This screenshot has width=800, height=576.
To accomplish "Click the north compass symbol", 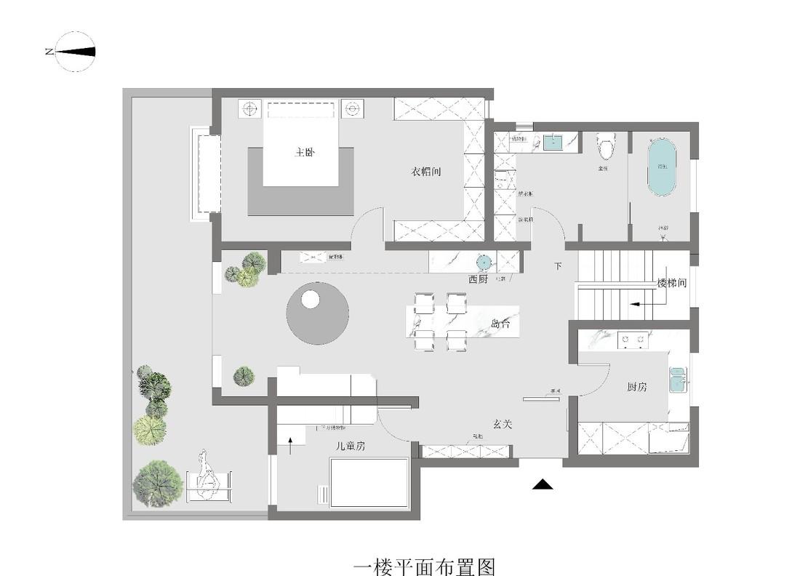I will [75, 52].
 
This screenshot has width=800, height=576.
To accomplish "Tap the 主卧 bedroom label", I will [305, 153].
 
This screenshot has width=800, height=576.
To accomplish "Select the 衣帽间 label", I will [427, 172].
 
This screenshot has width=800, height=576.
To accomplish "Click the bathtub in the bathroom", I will [662, 168].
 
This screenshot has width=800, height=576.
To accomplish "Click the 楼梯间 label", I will [671, 283].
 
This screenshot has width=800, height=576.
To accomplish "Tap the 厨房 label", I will [636, 387].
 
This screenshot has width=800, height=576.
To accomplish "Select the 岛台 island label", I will [501, 324].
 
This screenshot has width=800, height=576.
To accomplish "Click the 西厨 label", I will [478, 279].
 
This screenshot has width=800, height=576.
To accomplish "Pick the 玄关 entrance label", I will [503, 424].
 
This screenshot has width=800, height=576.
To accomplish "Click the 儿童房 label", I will [350, 446].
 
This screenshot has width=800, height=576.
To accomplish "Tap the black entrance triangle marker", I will [543, 484].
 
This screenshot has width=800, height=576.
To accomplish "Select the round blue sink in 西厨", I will [484, 262].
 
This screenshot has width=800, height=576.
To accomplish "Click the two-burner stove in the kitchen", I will [633, 338].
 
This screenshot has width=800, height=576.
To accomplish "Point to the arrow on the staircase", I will [639, 303].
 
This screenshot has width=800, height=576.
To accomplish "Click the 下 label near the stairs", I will [558, 266].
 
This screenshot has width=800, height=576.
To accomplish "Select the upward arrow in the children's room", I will [291, 444].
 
